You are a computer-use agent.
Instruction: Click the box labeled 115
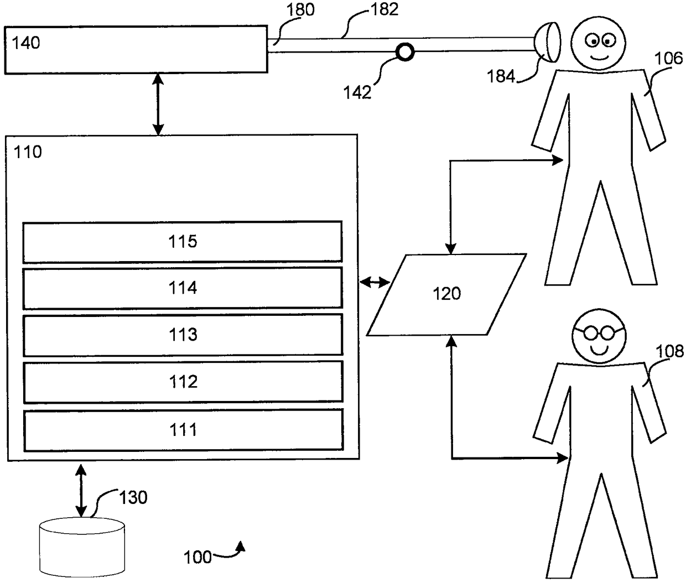pos(182,242)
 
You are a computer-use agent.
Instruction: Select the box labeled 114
pos(182,288)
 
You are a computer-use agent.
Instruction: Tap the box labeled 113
pos(183,335)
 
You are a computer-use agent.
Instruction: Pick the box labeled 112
pos(183,382)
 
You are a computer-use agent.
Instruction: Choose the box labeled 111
pos(183,430)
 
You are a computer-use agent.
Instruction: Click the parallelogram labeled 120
pos(446,295)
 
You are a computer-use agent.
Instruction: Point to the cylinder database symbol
pos(82,548)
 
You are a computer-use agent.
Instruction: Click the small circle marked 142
pos(405,52)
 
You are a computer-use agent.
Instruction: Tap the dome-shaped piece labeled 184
pos(547,42)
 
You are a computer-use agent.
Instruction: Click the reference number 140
pos(26,43)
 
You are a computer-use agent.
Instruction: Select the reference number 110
pos(28,152)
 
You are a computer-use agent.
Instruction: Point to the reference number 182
pos(384,9)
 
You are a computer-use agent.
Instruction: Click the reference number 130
pos(133,497)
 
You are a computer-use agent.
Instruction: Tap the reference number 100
pos(198,557)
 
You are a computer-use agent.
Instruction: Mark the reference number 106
pos(668,59)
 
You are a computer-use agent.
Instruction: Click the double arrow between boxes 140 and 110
pos(158,104)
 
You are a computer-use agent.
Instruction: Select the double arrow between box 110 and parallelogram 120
pos(375,283)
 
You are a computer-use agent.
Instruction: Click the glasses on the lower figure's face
pos(599,333)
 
